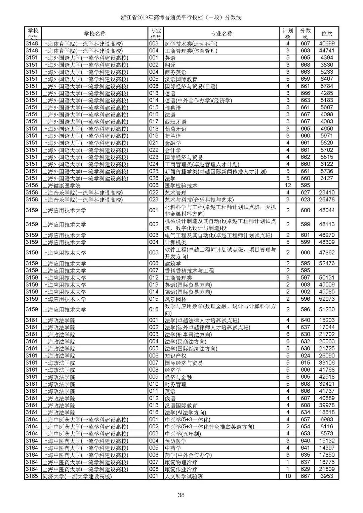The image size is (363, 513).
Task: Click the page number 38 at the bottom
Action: (181, 495)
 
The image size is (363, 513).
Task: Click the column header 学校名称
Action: (94, 34)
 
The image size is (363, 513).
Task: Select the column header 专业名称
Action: (221, 34)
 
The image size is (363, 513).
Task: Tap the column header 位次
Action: (327, 34)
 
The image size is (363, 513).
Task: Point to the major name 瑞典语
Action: (173, 108)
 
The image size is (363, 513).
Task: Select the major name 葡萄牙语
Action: (175, 129)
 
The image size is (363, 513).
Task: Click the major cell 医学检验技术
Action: (181, 185)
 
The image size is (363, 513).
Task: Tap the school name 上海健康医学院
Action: (61, 185)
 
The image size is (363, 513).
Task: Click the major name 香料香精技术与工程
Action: (189, 270)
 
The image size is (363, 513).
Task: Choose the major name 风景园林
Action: (175, 299)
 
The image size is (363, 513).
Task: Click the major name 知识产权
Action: (175, 355)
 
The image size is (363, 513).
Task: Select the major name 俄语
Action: (170, 398)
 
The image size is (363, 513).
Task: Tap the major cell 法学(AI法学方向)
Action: (185, 412)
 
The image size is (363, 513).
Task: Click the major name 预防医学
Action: (175, 440)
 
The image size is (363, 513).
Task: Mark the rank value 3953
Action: (327, 476)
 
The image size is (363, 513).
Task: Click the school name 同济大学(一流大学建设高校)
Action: (77, 476)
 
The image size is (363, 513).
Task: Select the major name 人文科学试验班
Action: (184, 476)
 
